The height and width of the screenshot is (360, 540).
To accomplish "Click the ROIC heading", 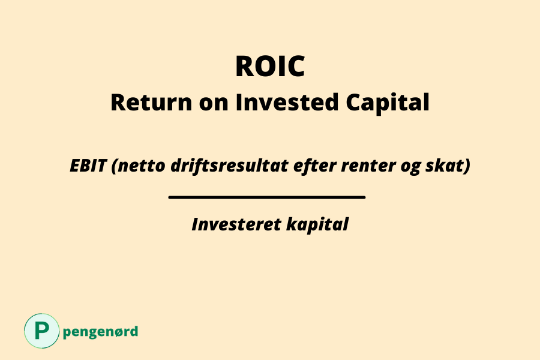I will (270, 67).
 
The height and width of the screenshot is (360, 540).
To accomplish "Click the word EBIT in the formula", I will (88, 166).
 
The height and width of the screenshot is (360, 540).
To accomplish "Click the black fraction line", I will (267, 196).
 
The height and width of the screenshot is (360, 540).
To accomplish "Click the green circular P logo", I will (42, 331).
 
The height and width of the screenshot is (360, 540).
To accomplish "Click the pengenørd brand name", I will (100, 332).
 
